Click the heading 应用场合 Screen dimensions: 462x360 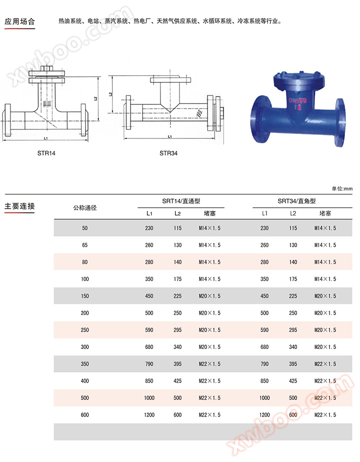tap(19, 21)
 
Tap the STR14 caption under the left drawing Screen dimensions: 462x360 tap(46, 153)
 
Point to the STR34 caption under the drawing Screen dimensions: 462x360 tap(168, 153)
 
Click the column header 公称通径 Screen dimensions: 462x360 tap(84, 207)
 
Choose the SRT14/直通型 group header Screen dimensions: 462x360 tap(181, 201)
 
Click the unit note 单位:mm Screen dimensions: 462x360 tap(342, 188)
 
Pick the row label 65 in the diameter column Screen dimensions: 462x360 tap(84, 245)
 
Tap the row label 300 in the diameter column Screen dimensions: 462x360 tap(84, 347)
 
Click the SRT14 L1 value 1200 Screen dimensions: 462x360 tap(149, 415)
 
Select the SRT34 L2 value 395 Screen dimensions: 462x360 tap(293, 364)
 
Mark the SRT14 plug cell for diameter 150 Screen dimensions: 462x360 tap(209, 296)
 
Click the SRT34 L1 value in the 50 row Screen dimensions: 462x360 tap(264, 228)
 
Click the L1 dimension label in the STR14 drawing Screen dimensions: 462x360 tap(45, 137)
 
